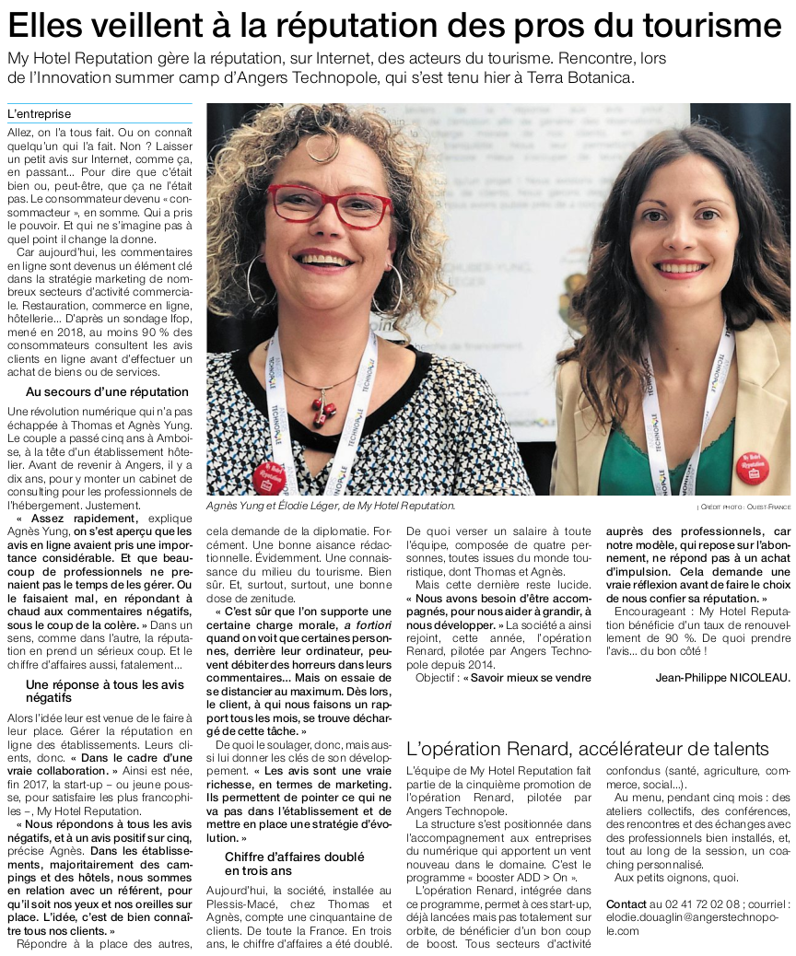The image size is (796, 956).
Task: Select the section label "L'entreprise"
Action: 39,114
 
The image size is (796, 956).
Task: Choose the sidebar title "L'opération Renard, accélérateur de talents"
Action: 587,748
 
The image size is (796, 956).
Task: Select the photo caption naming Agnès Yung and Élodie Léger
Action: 330,507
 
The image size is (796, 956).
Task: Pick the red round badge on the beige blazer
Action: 752,468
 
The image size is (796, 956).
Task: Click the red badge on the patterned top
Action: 267,476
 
